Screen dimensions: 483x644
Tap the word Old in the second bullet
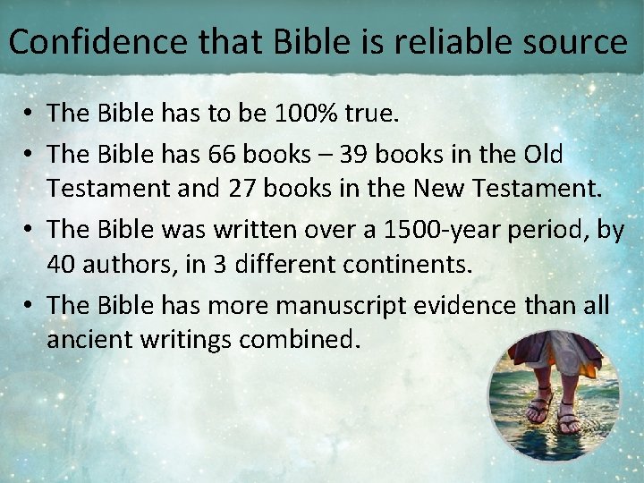click(x=545, y=155)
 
